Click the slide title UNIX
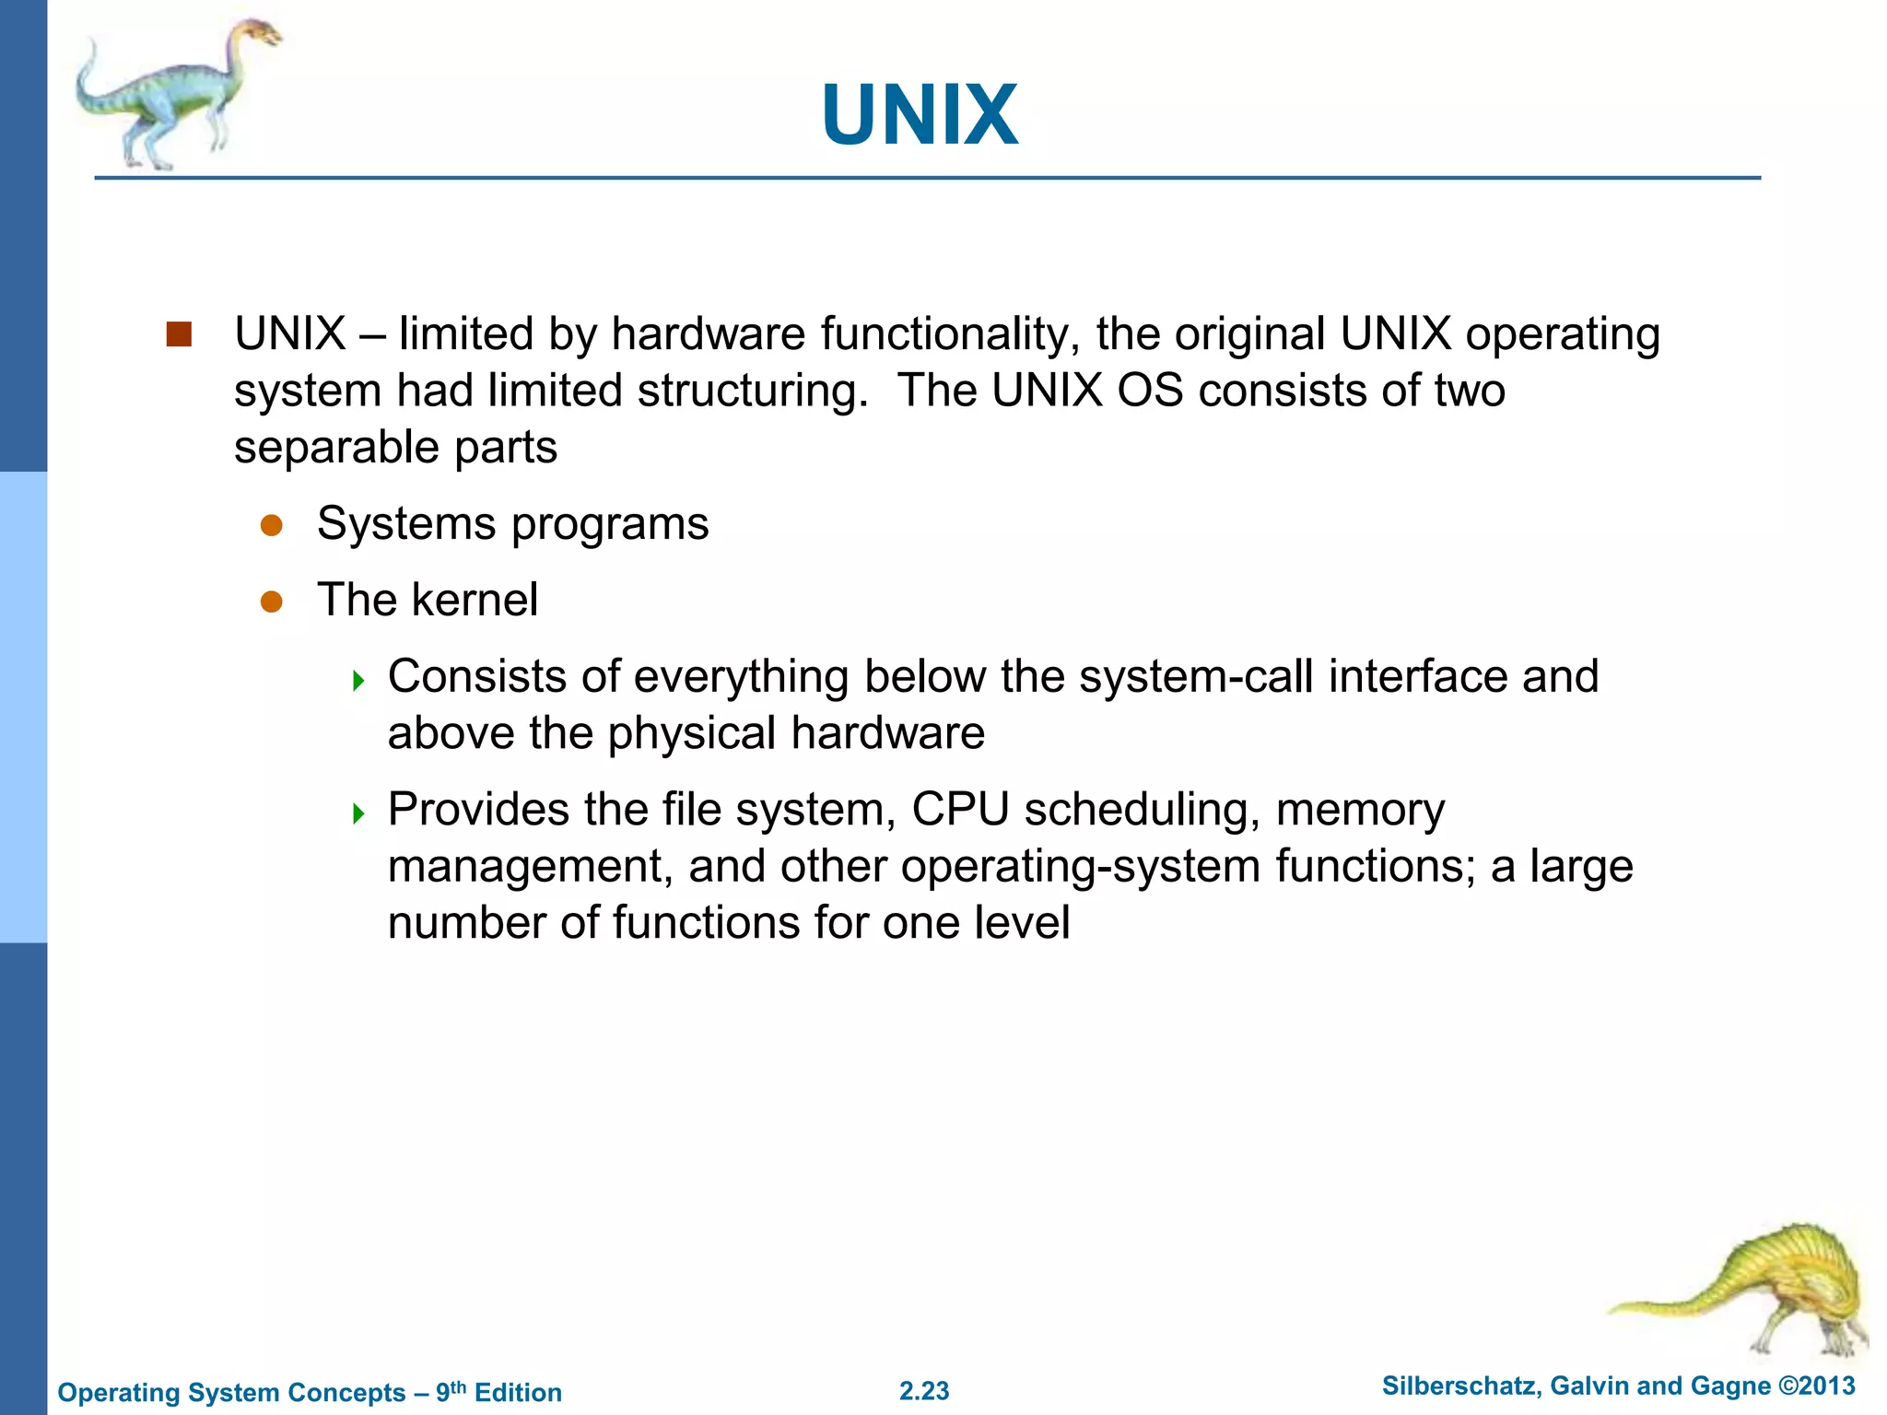(920, 115)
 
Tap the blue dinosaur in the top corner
(175, 92)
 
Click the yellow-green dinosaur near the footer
(1751, 1290)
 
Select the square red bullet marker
(179, 334)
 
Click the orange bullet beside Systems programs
(271, 525)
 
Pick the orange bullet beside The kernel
(271, 602)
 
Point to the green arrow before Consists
(358, 681)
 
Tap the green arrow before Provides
(358, 813)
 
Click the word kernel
(475, 601)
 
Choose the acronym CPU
(960, 810)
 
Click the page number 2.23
(924, 1391)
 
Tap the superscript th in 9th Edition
(459, 1386)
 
